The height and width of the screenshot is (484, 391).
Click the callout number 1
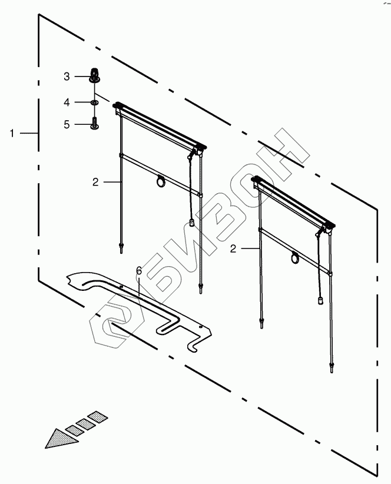tap(12, 134)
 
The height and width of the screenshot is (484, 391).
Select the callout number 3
tap(67, 77)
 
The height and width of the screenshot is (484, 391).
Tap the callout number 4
tap(67, 102)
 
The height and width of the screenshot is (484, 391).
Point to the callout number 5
tap(67, 124)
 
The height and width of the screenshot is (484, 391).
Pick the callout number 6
tap(139, 270)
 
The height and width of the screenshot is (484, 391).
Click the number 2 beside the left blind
tap(95, 183)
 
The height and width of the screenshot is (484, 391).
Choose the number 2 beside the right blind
tap(233, 249)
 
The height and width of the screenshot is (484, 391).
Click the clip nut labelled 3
tap(94, 75)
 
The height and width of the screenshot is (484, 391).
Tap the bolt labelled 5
tap(94, 124)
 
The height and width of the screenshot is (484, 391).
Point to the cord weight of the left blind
tap(192, 223)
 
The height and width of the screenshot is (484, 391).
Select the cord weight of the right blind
tap(322, 301)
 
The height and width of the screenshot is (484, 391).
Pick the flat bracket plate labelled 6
tap(141, 306)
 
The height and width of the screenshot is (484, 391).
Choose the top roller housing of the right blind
tap(293, 200)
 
